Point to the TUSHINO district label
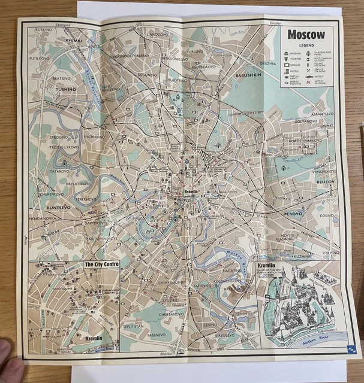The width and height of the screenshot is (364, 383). point(66,89)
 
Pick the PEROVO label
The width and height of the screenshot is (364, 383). point(293,212)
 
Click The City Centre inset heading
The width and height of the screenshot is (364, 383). point(101,263)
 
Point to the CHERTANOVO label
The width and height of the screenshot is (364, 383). point(171,314)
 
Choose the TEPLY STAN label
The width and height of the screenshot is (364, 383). point(134,327)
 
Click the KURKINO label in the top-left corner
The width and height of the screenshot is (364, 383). point(43,29)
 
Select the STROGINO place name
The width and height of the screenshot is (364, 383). point(59,137)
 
